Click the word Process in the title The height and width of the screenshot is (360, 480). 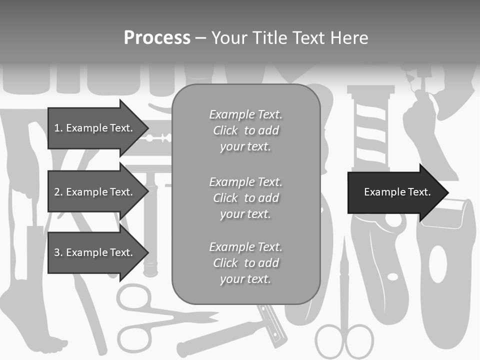(x=157, y=38)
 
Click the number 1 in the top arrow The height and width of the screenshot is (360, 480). (x=56, y=128)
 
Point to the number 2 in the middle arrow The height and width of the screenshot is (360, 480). (x=57, y=192)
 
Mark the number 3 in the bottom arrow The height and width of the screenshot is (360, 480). (x=57, y=252)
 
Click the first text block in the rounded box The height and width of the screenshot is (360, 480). (x=246, y=130)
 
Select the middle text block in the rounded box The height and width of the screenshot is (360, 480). (x=246, y=198)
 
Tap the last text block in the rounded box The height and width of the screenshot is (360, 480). (x=246, y=263)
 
